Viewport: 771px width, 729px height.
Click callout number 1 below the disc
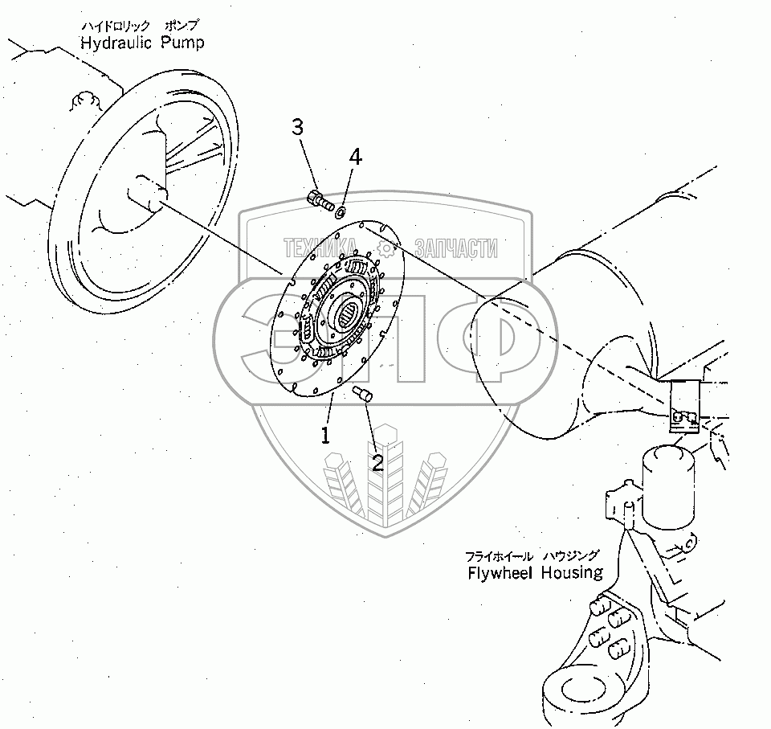pos(326,436)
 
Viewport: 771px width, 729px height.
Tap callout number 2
pos(376,461)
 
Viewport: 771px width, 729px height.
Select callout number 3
pos(297,126)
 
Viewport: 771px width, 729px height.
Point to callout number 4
pos(354,157)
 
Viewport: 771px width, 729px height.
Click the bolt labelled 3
pos(320,199)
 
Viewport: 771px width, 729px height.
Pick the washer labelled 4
pos(340,211)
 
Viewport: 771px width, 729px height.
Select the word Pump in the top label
pos(182,42)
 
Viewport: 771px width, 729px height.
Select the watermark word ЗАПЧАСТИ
pos(455,248)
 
